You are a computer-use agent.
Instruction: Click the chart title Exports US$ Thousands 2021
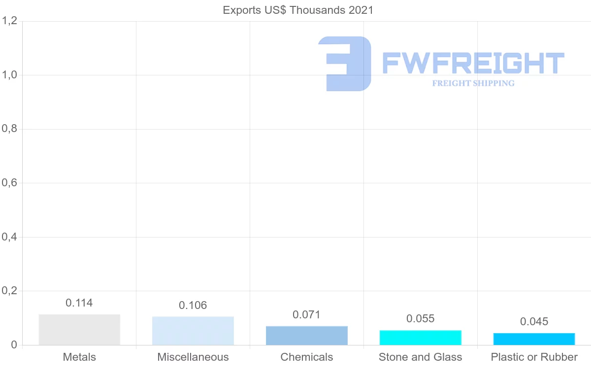[298, 10]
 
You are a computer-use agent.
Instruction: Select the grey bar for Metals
[79, 330]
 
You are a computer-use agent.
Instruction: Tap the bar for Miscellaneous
[193, 331]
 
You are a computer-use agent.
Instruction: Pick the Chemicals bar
[307, 336]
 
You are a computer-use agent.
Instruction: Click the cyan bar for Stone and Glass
[421, 338]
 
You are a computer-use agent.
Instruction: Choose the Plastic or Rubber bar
[534, 339]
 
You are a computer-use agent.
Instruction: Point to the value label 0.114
[79, 303]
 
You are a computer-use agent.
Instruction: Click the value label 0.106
[193, 306]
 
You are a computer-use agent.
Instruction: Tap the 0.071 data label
[306, 315]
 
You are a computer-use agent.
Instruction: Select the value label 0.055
[421, 319]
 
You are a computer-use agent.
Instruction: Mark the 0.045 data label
[534, 322]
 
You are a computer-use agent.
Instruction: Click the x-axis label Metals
[79, 357]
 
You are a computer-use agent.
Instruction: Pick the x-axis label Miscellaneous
[193, 357]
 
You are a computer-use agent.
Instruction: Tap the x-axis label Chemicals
[307, 357]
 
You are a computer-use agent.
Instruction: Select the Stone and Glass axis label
[421, 357]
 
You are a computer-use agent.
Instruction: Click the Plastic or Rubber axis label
[534, 357]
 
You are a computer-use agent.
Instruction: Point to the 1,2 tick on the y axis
[10, 21]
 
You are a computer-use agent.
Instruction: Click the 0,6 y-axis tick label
[10, 183]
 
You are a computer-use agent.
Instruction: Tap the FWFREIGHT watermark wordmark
[473, 63]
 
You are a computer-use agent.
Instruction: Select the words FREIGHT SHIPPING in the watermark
[473, 83]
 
